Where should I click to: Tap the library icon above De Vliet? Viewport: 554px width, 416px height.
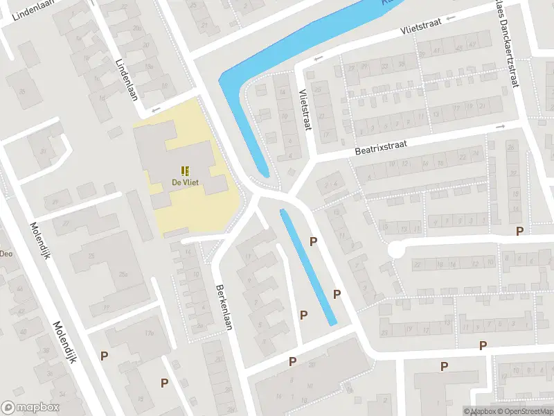point(185,171)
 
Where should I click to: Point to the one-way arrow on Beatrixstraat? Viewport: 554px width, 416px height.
point(500,127)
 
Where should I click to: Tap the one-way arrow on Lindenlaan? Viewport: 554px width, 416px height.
point(156,109)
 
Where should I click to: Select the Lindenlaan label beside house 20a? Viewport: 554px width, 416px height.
point(127,79)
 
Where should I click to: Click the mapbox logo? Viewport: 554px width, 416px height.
point(30,408)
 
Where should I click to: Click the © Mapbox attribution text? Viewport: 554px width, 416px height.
point(479,411)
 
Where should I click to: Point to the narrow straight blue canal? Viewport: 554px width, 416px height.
point(308,267)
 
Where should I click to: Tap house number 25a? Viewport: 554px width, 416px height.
point(123,275)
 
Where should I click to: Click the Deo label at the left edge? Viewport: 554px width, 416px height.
point(6,254)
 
